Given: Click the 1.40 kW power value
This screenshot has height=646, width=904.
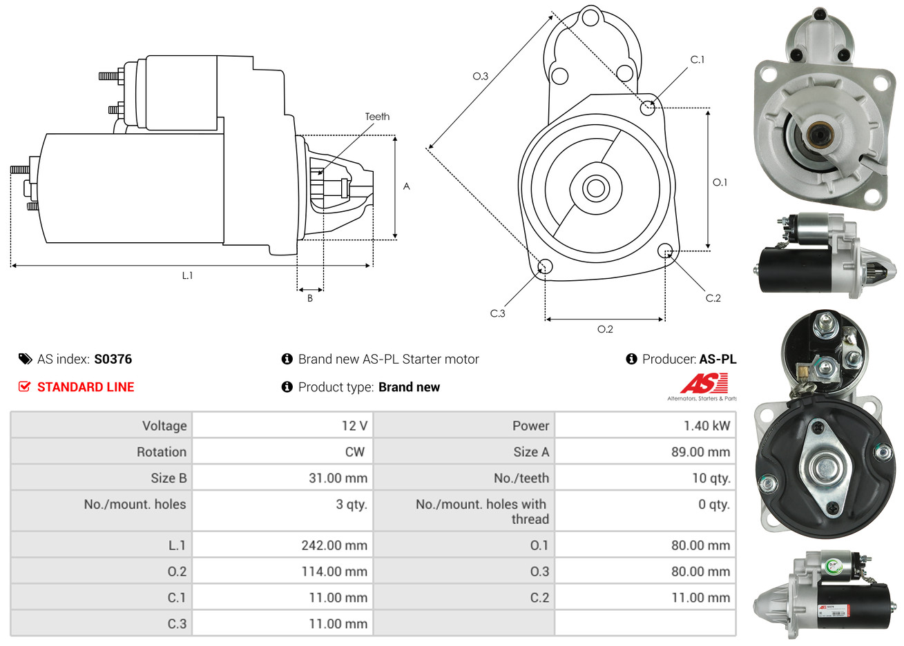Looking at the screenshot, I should tap(706, 426).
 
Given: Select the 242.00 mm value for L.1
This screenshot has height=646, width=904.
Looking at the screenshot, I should tap(334, 545).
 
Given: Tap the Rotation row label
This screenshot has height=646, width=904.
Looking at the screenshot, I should tap(162, 452).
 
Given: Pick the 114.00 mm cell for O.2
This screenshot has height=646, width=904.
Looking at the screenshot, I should tap(334, 571).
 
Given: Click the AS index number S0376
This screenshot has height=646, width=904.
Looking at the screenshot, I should tap(113, 359).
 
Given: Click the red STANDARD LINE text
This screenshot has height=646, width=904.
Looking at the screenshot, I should tap(86, 387).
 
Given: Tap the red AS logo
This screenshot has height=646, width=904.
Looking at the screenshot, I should tap(704, 383).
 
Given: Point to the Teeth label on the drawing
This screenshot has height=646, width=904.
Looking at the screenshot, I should tap(377, 117).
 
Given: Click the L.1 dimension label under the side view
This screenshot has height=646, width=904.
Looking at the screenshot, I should tap(187, 275).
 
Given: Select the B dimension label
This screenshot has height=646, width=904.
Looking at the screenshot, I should tap(310, 298).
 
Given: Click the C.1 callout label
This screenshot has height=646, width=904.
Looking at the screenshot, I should tap(698, 60).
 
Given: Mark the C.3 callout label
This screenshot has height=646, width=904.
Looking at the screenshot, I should tap(497, 313).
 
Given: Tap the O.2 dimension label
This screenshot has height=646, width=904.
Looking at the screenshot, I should tap(605, 329).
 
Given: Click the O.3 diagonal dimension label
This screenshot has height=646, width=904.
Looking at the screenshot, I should tap(480, 76).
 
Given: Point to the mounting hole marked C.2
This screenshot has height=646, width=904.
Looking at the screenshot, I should tap(665, 250).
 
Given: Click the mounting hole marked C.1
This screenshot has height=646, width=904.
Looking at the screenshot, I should tap(648, 107).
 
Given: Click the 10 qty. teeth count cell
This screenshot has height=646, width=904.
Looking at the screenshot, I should tap(711, 478).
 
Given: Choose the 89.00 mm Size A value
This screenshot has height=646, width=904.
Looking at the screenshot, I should tap(700, 452).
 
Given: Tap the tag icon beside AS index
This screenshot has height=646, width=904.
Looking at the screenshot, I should tap(26, 359).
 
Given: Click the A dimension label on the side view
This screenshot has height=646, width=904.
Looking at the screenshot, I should tap(407, 186).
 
